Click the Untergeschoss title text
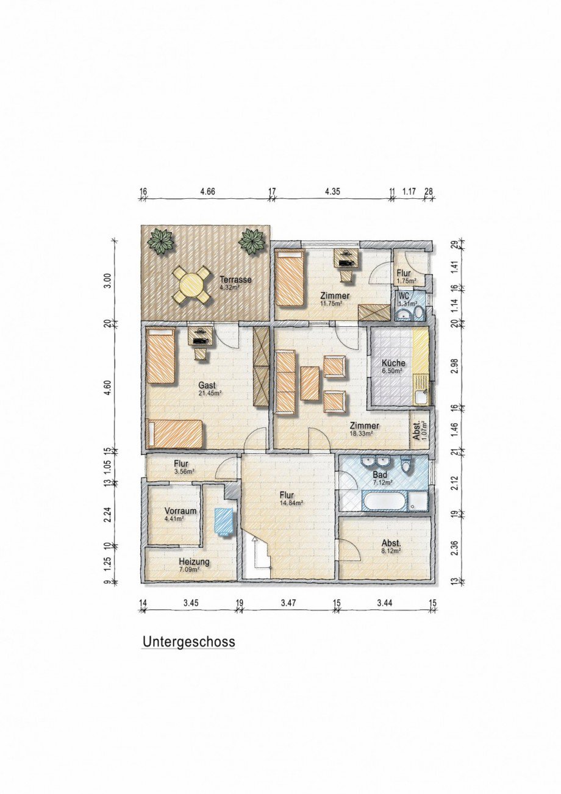(188, 642)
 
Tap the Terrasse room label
(235, 279)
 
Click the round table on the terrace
(191, 284)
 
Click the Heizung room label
(195, 562)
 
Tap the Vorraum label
(180, 511)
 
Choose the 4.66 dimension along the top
(208, 191)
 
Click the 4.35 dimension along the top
(332, 191)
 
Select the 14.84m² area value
(291, 503)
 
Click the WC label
(403, 296)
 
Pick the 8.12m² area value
(391, 551)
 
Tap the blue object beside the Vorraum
(224, 521)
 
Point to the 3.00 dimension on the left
(107, 280)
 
